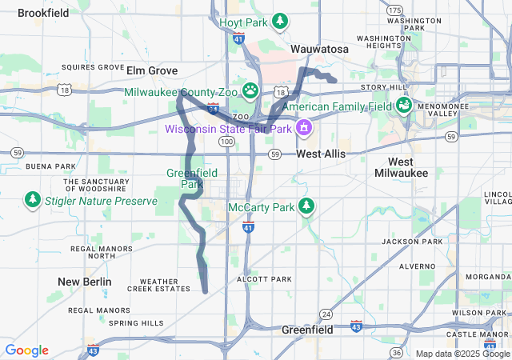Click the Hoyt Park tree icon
click(280, 22)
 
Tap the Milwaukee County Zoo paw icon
click(250, 91)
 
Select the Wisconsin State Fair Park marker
click(304, 127)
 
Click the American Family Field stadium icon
click(403, 106)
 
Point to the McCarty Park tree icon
click(306, 207)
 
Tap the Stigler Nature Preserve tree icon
click(32, 198)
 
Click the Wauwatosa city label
click(319, 49)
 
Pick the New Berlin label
click(85, 282)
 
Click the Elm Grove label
click(152, 70)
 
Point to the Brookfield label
click(43, 13)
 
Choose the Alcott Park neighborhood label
click(265, 279)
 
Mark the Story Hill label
click(384, 86)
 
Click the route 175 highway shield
click(394, 10)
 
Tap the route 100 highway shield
click(227, 141)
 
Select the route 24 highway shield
click(326, 313)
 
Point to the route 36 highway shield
click(396, 352)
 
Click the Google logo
click(26, 350)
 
